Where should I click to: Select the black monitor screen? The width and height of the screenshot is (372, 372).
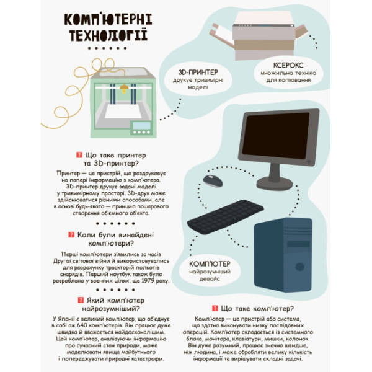click(x=275, y=138)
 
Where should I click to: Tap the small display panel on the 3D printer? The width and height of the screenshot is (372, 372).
click(x=142, y=126)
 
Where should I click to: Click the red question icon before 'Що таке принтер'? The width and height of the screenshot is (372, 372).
click(x=79, y=155)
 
